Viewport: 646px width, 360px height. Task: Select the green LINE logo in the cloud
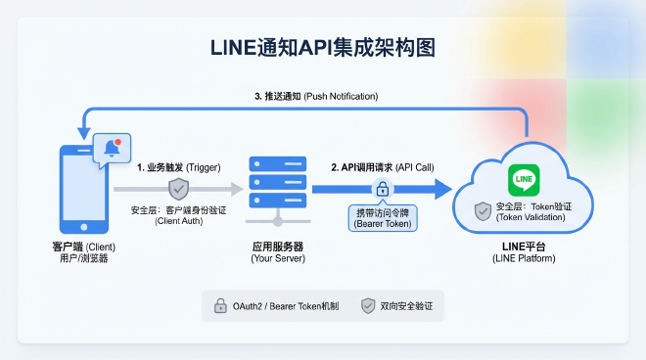point(524,180)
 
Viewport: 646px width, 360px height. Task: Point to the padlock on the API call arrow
point(383,190)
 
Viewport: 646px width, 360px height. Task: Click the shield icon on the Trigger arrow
point(178,189)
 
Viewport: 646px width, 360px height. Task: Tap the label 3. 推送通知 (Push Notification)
point(315,96)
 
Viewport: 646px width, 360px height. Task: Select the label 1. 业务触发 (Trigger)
point(178,167)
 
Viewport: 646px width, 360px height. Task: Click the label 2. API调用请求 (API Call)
point(382,167)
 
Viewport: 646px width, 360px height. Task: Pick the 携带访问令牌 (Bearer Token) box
point(383,218)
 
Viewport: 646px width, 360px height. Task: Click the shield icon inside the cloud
point(482,210)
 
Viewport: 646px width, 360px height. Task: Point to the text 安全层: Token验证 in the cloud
point(533,206)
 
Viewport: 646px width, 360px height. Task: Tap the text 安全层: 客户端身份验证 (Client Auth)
point(178,215)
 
